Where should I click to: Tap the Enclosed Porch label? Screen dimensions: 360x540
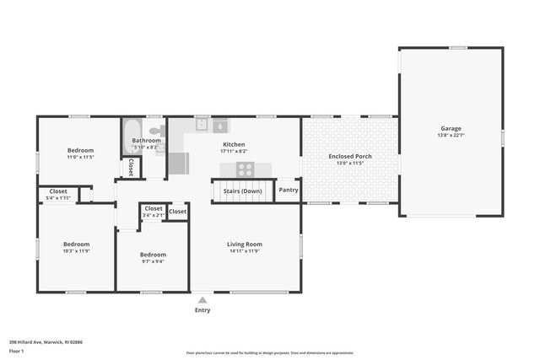point(349,156)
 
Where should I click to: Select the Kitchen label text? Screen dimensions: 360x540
point(234,144)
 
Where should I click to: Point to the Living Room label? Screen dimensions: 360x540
point(245,244)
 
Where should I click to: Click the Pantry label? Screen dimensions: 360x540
point(289,190)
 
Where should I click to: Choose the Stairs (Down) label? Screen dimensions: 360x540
point(242,191)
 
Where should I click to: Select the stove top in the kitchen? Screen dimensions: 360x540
point(246,168)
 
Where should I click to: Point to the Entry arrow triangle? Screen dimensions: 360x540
point(202,298)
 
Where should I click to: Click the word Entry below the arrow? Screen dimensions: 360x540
point(202,309)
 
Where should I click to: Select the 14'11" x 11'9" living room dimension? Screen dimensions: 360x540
point(245,251)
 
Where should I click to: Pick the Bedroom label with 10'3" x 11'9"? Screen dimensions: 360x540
point(76,244)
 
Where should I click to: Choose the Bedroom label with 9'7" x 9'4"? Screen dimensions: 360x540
point(153,254)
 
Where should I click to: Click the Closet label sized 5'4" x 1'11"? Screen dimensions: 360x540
point(57,191)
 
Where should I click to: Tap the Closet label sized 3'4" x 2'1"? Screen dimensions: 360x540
point(154,208)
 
